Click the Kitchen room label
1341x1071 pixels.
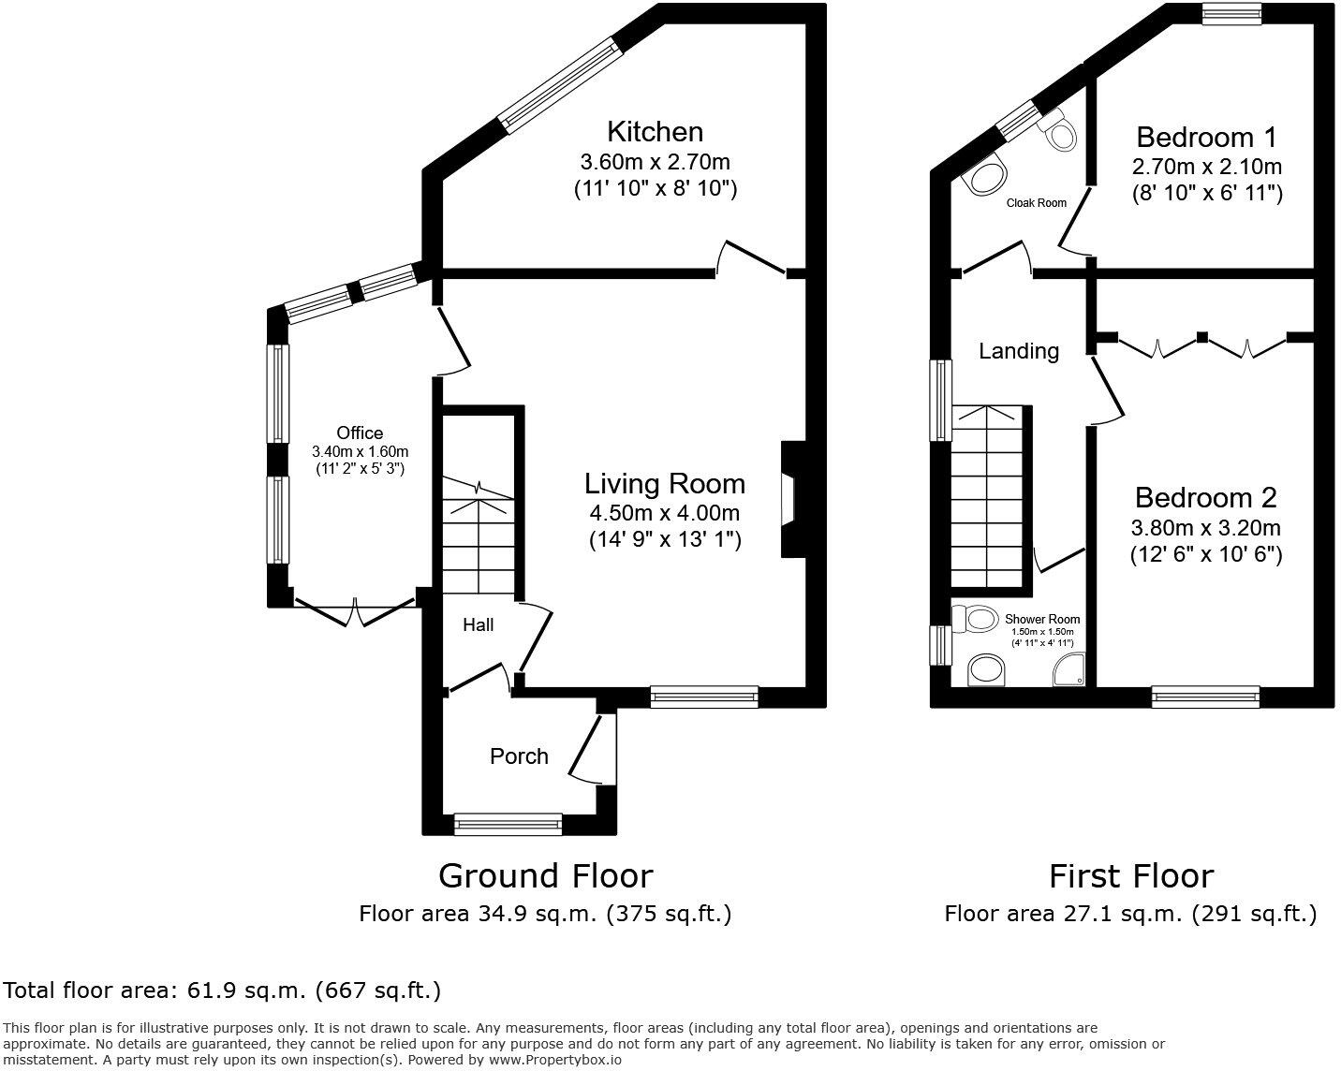[655, 132]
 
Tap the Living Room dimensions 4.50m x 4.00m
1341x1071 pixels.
[664, 513]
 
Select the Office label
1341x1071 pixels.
[360, 433]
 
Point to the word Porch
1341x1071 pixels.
[519, 756]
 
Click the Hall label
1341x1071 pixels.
[478, 624]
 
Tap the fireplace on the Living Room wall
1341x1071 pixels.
[792, 499]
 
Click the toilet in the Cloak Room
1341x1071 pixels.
[1058, 129]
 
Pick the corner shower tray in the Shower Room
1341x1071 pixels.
[1068, 669]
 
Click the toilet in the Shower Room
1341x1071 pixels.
[974, 619]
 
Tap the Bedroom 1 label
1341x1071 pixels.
[1206, 137]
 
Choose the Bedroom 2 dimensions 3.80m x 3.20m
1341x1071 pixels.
[1206, 528]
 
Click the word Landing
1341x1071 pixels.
[1019, 351]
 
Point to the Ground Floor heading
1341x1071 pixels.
[546, 875]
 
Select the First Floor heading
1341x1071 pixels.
[1131, 875]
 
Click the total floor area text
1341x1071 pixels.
[223, 990]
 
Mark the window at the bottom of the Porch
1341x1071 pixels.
[508, 824]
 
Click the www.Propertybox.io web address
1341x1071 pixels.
[555, 1059]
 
